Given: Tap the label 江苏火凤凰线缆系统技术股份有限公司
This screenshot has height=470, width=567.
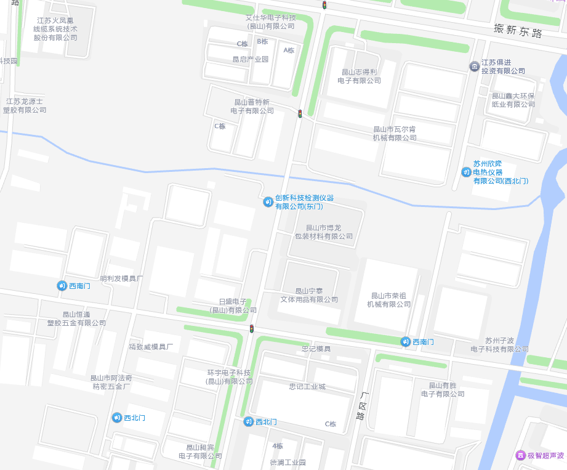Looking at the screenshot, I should pyautogui.click(x=55, y=29).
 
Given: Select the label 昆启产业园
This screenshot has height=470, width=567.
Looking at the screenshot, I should pyautogui.click(x=251, y=59).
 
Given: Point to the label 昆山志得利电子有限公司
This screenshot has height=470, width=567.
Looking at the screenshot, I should pyautogui.click(x=360, y=76).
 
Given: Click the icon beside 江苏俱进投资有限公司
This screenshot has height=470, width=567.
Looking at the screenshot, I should pyautogui.click(x=474, y=67).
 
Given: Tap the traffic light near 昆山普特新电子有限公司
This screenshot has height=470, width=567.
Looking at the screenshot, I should pyautogui.click(x=300, y=114).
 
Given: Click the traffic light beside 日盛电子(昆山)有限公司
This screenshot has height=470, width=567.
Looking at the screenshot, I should pyautogui.click(x=251, y=329).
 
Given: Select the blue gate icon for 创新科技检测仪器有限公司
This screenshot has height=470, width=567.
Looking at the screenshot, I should pyautogui.click(x=268, y=201).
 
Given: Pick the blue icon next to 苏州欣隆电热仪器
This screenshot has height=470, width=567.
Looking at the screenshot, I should pyautogui.click(x=466, y=172).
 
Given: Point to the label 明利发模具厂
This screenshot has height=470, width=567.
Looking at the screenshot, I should pyautogui.click(x=121, y=278).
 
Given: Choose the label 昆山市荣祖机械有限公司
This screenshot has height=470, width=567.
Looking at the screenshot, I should pyautogui.click(x=389, y=299).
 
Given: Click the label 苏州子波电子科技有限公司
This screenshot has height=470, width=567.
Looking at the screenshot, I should pyautogui.click(x=499, y=345).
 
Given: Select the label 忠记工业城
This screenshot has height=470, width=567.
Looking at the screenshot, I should pyautogui.click(x=307, y=387).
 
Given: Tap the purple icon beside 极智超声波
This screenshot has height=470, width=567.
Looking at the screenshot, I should pyautogui.click(x=520, y=455).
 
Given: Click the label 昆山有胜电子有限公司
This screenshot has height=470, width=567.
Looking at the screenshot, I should pyautogui.click(x=443, y=389).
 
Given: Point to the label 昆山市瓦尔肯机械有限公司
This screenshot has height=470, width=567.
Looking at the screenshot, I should pyautogui.click(x=395, y=133).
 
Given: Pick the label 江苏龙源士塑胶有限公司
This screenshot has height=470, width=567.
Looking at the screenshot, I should pyautogui.click(x=25, y=105).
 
